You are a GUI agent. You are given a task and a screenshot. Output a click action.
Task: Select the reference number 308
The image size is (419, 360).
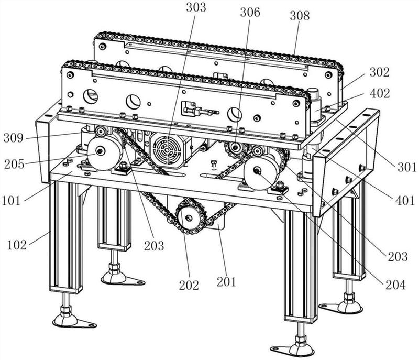click(299, 16)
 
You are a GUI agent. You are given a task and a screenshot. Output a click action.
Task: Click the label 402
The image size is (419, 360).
click(379, 94)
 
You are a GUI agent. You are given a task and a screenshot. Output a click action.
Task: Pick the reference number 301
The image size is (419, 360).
click(405, 168)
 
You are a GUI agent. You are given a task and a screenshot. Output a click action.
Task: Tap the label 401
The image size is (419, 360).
click(404, 200)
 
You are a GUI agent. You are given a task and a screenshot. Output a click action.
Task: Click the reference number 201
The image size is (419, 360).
click(226, 282)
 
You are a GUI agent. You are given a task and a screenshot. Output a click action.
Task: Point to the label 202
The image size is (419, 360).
click(189, 286)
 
